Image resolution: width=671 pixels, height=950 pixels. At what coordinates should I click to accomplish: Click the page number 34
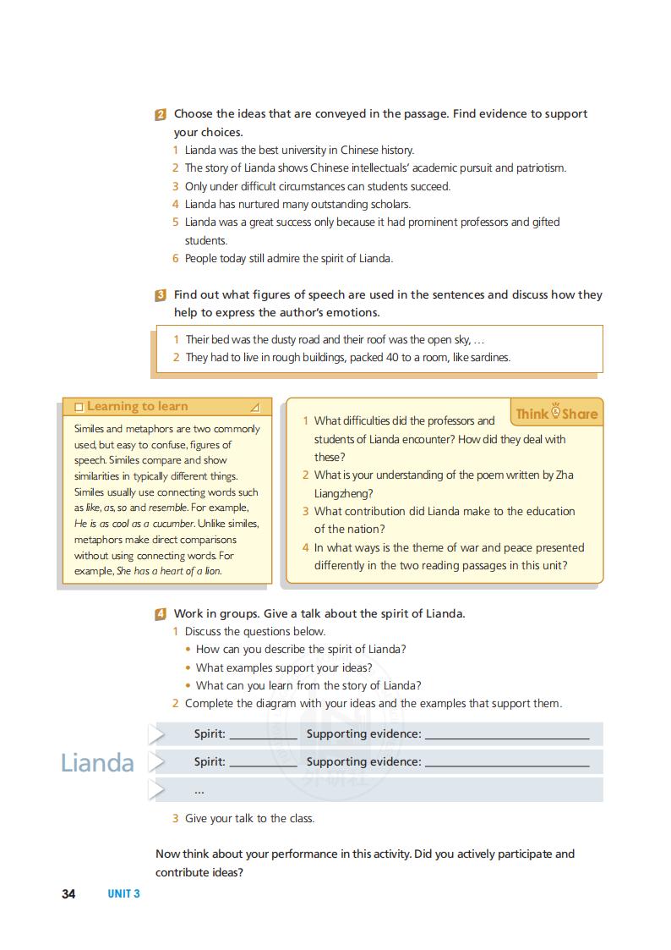pos(68,893)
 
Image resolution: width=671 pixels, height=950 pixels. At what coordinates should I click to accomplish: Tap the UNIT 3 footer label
pos(123,893)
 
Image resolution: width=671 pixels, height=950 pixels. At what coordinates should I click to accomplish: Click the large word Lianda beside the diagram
pos(97,763)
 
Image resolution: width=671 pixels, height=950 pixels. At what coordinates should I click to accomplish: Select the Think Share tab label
pos(556,414)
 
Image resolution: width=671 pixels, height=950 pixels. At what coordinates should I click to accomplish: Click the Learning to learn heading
pos(137,407)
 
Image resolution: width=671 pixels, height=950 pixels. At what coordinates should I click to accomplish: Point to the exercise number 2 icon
pos(161,114)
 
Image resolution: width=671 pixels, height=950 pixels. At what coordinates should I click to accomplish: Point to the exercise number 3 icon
pos(161,295)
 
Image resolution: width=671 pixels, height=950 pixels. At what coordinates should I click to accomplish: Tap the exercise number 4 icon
pos(161,614)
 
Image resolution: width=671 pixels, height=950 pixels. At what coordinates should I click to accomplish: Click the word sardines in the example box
pos(487,357)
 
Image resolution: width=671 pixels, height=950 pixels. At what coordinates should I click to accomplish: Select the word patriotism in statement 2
pos(541,167)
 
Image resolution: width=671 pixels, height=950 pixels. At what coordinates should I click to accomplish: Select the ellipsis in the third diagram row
pos(199,791)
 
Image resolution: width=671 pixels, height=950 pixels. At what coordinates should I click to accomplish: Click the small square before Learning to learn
pos(79,407)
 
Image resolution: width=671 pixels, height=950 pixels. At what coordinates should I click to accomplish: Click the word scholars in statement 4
pos(388,204)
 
